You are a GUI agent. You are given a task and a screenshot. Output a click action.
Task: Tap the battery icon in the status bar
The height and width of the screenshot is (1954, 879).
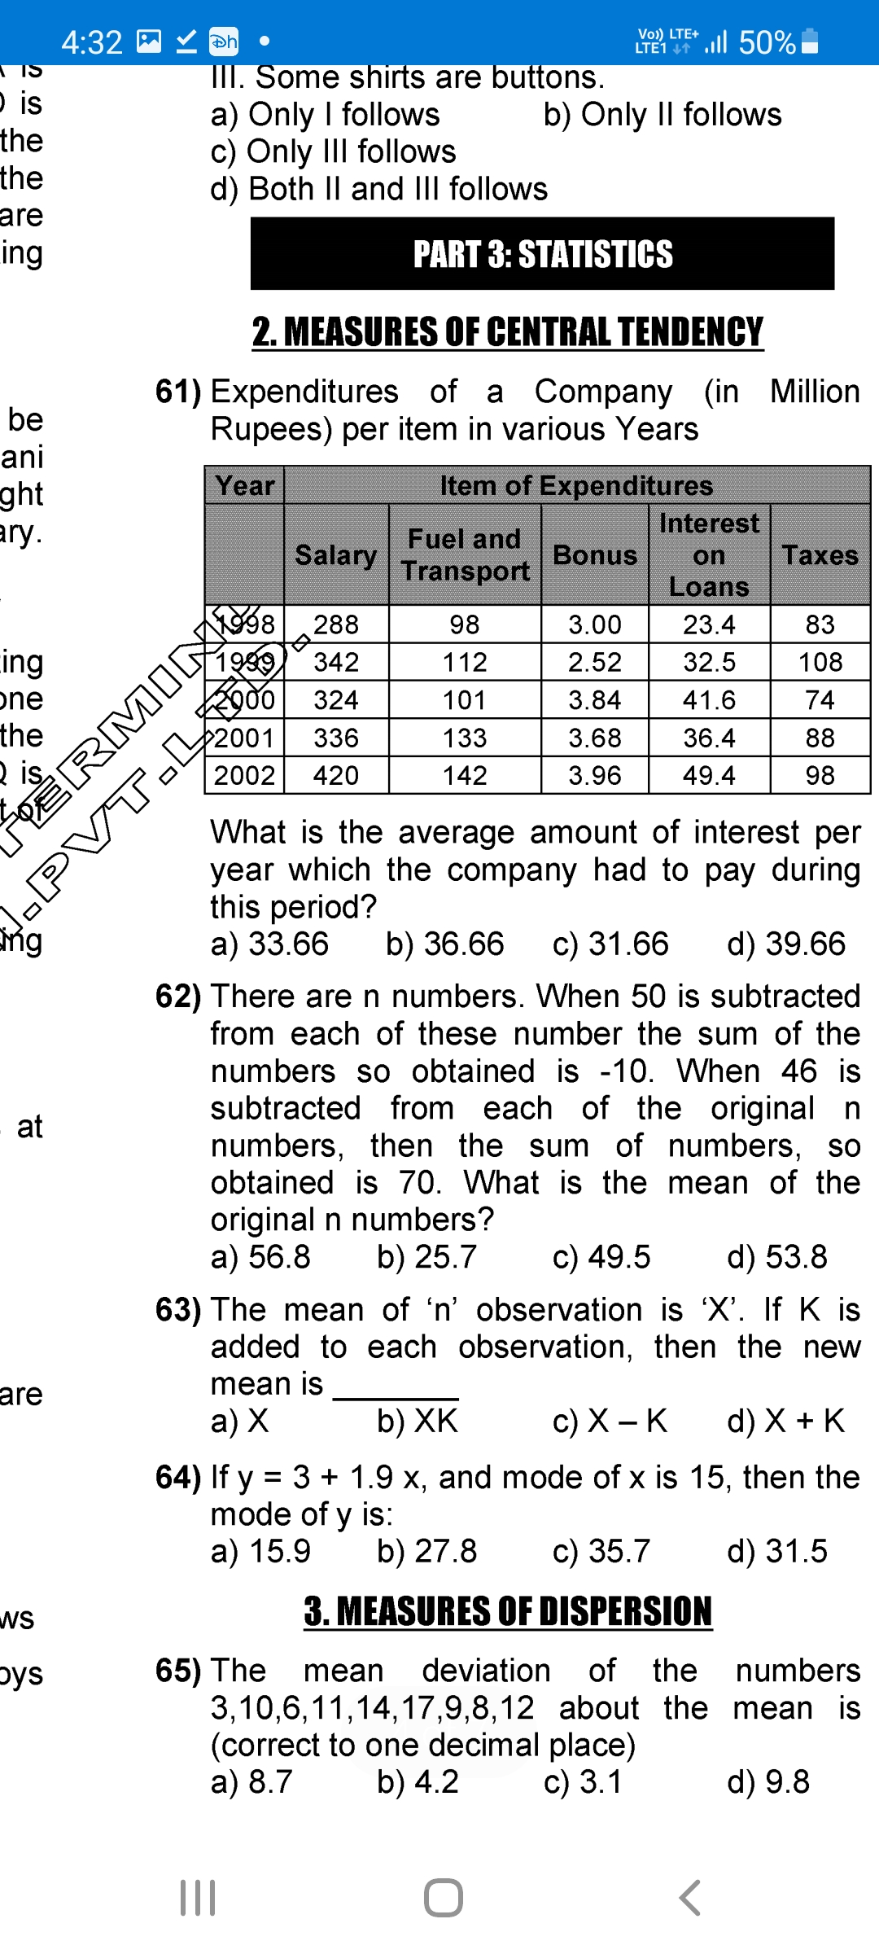[810, 41]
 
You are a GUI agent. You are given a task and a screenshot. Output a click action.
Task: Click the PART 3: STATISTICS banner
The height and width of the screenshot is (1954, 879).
[542, 254]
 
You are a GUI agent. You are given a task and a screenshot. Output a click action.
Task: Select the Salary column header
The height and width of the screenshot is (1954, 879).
[335, 555]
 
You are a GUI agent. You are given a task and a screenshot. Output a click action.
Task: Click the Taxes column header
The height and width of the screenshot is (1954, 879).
[820, 555]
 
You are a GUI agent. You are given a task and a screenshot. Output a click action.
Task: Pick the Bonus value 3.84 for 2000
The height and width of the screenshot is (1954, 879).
[594, 700]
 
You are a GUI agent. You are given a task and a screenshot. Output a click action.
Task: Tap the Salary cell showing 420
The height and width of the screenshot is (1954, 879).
[335, 776]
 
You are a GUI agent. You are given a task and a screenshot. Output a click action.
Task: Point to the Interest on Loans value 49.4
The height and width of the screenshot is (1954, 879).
[709, 776]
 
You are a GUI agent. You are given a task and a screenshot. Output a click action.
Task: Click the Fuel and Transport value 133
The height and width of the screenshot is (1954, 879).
[465, 738]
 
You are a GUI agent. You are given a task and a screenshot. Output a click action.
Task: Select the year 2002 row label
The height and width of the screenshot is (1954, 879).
[244, 776]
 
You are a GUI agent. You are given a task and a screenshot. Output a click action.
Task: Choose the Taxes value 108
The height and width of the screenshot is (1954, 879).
[820, 663]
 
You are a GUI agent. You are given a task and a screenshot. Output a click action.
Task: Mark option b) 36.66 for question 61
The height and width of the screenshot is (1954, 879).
[444, 944]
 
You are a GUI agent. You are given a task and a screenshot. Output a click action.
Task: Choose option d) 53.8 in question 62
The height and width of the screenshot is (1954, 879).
[776, 1257]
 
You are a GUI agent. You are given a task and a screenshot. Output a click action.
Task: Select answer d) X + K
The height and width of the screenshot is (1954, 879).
[785, 1421]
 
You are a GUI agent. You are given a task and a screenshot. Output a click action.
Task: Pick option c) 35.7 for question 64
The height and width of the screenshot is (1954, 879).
[601, 1551]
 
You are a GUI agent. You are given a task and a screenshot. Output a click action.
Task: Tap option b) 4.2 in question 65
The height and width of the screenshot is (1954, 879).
[418, 1782]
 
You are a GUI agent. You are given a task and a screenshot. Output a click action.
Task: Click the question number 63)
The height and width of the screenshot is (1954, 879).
[178, 1310]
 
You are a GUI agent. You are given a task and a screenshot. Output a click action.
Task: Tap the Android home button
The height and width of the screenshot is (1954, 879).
[444, 1898]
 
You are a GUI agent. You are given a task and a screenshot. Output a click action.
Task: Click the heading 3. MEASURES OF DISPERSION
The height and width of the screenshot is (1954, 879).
[508, 1612]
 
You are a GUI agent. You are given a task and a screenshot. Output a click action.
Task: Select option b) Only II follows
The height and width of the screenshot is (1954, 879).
[663, 115]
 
